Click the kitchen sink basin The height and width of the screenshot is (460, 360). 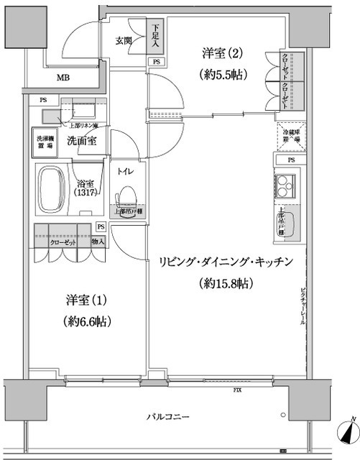(282, 224)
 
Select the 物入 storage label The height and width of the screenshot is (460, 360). (98, 241)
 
